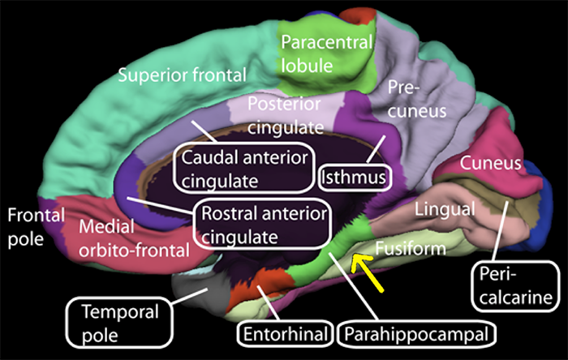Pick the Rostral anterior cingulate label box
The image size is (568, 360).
click(261, 225)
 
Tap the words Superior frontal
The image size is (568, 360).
click(182, 76)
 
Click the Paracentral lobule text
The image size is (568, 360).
click(326, 52)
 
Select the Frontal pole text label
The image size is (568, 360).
click(30, 227)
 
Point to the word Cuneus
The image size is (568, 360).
click(489, 165)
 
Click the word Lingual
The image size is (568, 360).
click(444, 210)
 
